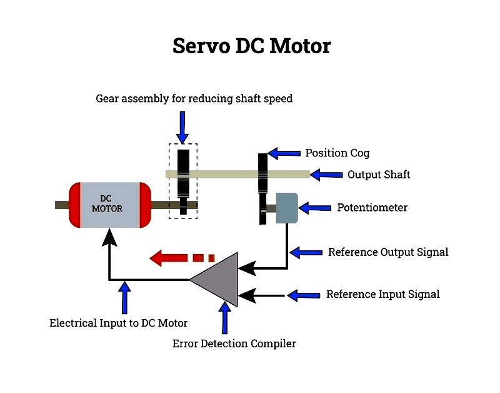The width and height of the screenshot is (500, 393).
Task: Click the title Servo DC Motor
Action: pos(251,46)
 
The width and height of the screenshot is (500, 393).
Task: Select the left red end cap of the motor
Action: pos(77,205)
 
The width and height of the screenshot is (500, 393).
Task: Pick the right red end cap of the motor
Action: pos(144,205)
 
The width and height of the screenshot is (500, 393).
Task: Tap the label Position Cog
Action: pos(337,153)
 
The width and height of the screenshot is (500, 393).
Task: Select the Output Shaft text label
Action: pos(379,175)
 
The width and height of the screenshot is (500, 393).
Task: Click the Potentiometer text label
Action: pos(372,207)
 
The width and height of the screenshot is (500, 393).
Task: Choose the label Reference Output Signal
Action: pos(388,252)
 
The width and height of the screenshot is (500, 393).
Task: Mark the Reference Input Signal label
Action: pos(382,294)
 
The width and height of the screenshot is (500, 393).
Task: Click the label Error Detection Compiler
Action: pos(234,344)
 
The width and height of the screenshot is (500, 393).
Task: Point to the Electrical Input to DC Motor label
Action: pos(118,323)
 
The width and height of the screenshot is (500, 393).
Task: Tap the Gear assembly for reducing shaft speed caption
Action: pos(194,98)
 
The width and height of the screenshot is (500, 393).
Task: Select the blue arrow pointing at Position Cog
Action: pos(284,153)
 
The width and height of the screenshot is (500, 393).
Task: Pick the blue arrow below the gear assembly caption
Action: pos(182,127)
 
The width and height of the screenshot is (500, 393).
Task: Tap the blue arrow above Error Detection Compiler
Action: pos(225,318)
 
